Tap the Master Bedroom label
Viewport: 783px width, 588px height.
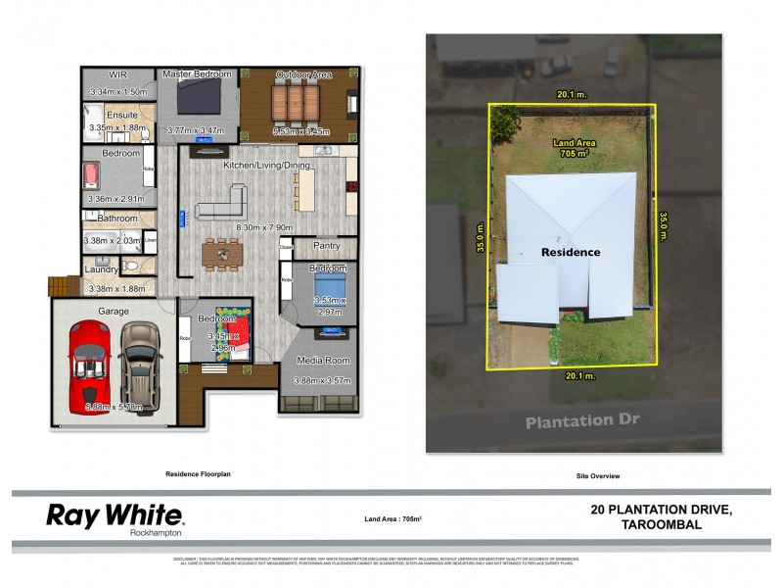click(x=198, y=74)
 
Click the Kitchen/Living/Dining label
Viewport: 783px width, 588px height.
click(x=267, y=166)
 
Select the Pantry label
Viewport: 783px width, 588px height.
click(x=323, y=245)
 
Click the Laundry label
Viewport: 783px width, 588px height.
click(x=101, y=269)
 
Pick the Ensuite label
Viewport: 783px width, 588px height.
click(x=122, y=115)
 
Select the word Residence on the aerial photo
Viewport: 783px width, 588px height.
click(x=571, y=252)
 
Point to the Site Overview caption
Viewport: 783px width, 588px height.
click(x=599, y=476)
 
